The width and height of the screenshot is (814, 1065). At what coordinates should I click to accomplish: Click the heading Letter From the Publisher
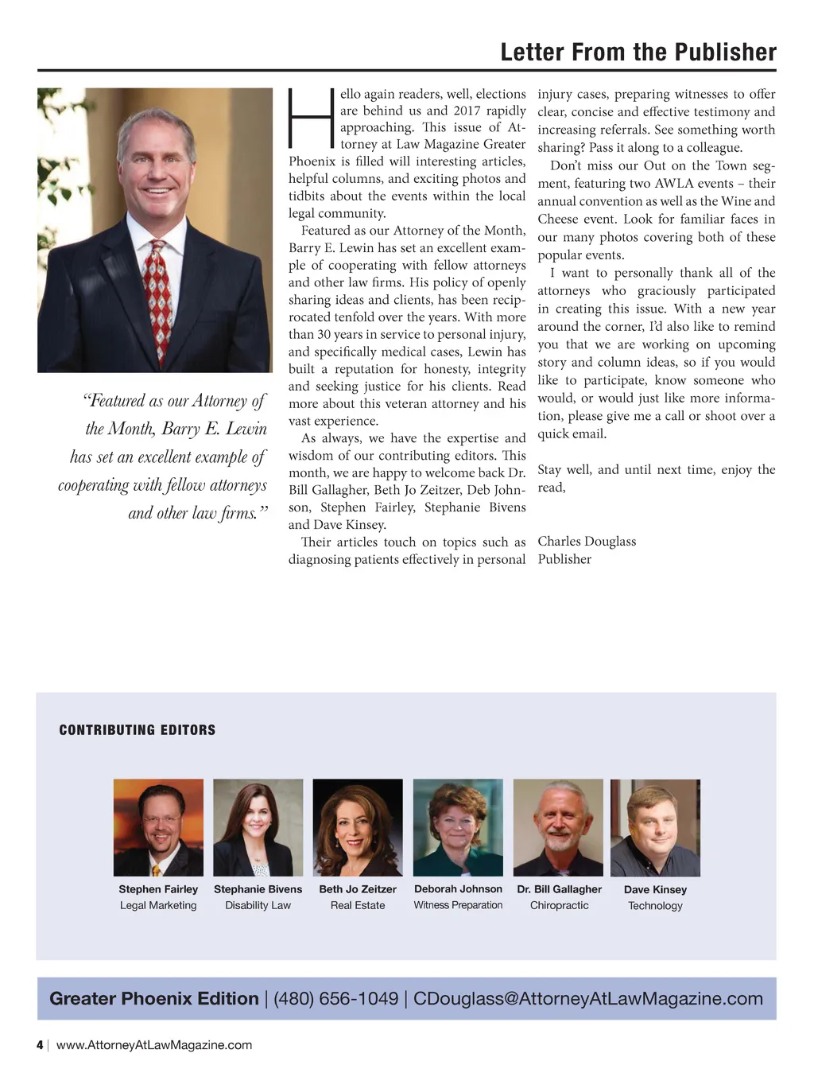click(638, 52)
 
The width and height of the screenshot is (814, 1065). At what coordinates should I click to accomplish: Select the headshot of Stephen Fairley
click(158, 827)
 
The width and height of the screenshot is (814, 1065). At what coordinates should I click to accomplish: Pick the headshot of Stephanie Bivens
click(258, 827)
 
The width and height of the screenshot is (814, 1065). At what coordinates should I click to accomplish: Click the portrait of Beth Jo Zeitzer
click(358, 827)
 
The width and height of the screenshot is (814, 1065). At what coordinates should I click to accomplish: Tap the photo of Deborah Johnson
click(458, 827)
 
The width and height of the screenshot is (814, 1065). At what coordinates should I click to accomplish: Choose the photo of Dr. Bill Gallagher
click(558, 827)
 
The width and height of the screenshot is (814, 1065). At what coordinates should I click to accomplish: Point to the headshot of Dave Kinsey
click(655, 827)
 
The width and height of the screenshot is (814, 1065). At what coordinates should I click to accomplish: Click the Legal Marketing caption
click(158, 905)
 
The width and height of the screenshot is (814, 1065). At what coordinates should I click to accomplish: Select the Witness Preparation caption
click(458, 905)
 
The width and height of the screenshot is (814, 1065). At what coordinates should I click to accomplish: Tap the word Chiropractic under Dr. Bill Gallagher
click(560, 905)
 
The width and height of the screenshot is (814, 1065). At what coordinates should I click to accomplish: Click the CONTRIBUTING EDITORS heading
click(138, 730)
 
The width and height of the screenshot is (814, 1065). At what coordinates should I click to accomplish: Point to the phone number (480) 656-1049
click(335, 999)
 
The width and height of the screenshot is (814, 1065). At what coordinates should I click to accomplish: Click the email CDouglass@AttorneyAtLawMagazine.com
click(587, 999)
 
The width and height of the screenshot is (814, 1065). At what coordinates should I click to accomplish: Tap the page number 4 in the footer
click(40, 1045)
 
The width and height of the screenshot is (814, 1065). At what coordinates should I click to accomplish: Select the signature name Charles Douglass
click(587, 542)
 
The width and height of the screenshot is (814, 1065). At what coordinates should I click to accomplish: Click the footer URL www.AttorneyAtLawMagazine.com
click(154, 1045)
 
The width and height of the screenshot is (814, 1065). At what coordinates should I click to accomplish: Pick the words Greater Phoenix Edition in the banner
click(154, 999)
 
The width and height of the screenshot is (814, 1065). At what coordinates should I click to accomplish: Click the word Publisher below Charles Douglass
click(564, 559)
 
